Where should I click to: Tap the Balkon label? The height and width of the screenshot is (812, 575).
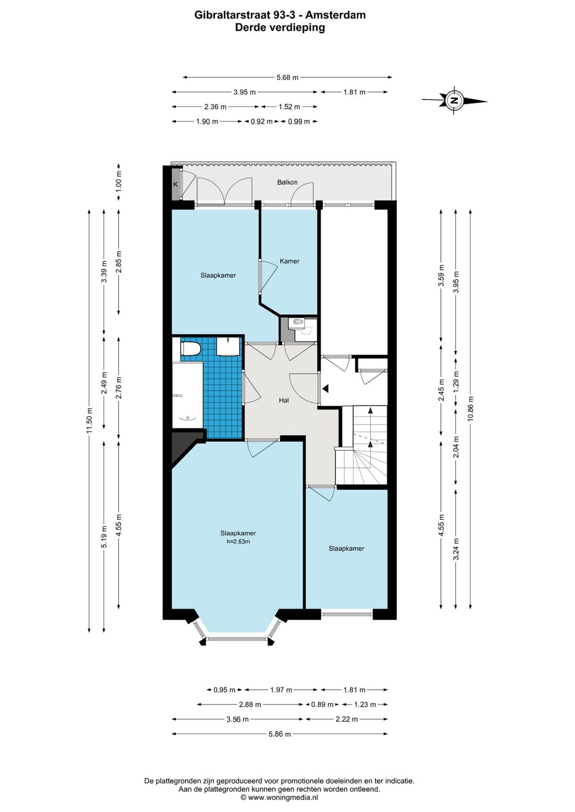point(287,182)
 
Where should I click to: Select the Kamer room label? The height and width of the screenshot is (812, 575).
point(290,261)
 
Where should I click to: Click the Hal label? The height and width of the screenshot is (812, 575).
point(284,400)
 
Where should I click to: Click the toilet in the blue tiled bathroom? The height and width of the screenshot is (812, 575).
point(191,349)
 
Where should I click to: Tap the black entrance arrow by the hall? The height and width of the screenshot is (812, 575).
point(325,388)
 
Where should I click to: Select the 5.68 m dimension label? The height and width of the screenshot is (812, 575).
point(287,77)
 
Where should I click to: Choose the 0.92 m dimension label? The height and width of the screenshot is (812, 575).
point(261,121)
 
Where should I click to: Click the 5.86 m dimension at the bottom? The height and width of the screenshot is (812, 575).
point(280,734)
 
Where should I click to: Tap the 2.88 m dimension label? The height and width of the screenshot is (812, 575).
point(250,705)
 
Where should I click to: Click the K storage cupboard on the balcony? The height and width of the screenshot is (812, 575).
point(176,184)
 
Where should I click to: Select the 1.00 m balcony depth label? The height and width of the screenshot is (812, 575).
point(119,181)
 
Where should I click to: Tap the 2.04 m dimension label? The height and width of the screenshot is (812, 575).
point(456,446)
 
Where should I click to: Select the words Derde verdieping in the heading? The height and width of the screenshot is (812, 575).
point(280,28)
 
